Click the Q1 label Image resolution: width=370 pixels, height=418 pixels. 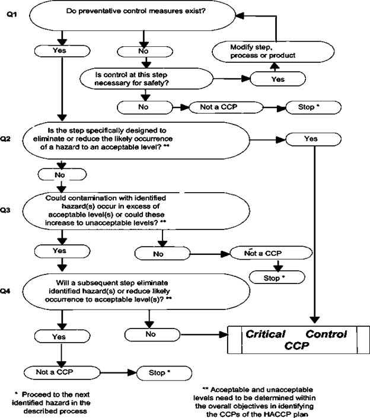11,14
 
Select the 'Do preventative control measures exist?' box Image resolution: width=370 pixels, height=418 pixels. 132,16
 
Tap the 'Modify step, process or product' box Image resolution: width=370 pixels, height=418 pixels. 273,52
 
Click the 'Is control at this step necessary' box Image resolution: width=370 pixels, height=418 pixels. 146,79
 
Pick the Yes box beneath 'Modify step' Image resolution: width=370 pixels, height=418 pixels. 277,79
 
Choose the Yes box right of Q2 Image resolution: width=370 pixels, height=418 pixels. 313,139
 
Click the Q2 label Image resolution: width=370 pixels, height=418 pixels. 5,139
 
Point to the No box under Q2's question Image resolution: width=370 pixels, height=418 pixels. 62,175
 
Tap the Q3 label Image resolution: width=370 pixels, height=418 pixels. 5,210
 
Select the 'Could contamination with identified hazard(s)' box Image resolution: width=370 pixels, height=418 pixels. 136,210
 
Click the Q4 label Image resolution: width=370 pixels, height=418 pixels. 5,291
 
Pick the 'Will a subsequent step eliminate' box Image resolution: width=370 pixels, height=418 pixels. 136,291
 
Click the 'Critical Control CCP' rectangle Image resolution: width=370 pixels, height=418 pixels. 299,340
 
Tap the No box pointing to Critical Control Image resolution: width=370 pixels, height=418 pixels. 152,334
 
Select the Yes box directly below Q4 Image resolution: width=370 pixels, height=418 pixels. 62,336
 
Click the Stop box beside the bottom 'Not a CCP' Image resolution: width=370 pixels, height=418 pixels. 164,373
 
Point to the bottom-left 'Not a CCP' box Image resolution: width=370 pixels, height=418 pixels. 62,372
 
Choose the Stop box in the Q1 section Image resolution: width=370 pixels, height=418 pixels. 313,107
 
